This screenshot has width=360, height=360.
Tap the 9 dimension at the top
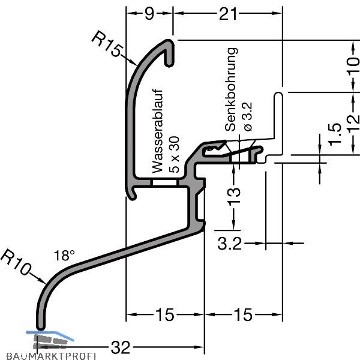coord(149,13)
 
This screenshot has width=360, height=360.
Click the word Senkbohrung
coord(232,91)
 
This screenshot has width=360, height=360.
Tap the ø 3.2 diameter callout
coord(248,116)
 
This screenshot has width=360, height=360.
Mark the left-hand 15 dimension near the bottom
coord(164,314)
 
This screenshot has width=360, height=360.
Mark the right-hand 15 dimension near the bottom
coord(243,314)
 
